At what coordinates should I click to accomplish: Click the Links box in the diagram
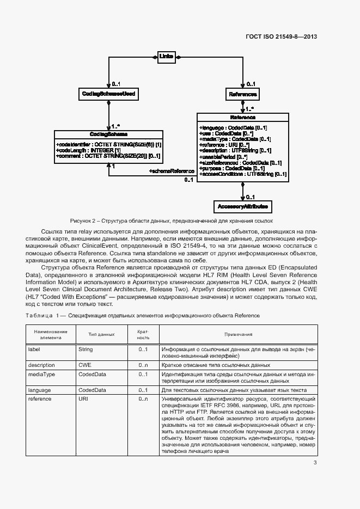pyautogui.click(x=166, y=56)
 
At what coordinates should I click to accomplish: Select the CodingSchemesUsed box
pyautogui.click(x=108, y=94)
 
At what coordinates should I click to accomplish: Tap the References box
pyautogui.click(x=242, y=94)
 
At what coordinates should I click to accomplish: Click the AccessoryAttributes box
pyautogui.click(x=242, y=207)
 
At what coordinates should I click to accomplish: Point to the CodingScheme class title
pyautogui.click(x=108, y=134)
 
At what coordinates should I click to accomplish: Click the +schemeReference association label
pyautogui.click(x=172, y=186)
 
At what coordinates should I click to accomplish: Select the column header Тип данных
pyautogui.click(x=102, y=334)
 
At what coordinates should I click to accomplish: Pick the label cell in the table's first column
pyautogui.click(x=34, y=349)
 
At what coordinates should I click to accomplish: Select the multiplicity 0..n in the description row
pyautogui.click(x=143, y=365)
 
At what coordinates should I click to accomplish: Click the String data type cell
pyautogui.click(x=86, y=349)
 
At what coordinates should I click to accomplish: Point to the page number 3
pyautogui.click(x=315, y=463)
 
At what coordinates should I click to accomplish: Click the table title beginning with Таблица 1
pyautogui.click(x=143, y=316)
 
